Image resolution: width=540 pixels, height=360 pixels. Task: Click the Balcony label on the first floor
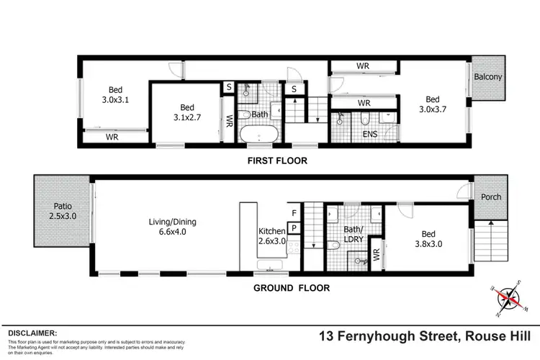coord(487,77)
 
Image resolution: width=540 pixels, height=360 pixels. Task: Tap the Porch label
coord(490,197)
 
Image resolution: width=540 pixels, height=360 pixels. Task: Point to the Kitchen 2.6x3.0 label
coord(271,235)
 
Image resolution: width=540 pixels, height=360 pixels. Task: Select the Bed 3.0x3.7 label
coord(432,104)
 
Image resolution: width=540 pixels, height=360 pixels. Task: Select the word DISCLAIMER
coord(32,333)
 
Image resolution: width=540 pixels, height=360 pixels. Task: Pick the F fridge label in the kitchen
coord(294,213)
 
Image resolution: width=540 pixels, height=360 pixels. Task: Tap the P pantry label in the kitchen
coord(294,227)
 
